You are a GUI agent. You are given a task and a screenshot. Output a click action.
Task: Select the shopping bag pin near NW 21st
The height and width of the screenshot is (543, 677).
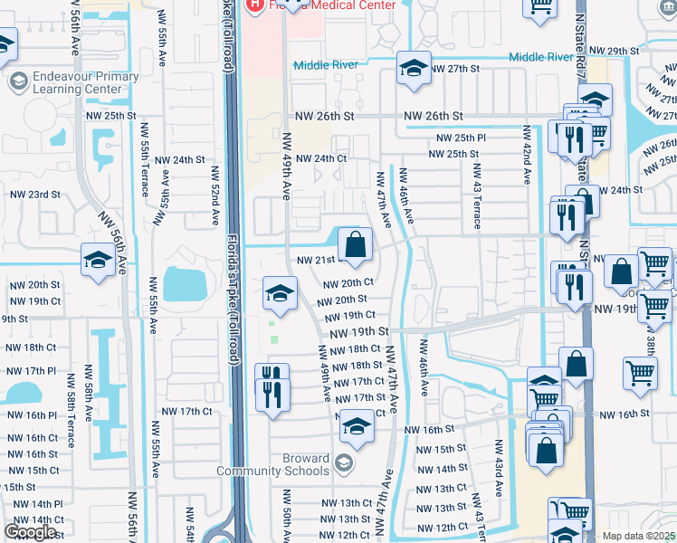pyautogui.click(x=356, y=243)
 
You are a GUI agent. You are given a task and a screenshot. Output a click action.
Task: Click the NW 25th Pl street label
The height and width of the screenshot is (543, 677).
pyautogui.click(x=462, y=138)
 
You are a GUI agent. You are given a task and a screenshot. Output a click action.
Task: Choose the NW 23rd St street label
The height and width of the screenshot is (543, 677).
pyautogui.click(x=34, y=195)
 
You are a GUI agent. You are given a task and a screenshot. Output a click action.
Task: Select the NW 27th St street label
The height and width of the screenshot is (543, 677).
pyautogui.click(x=454, y=69)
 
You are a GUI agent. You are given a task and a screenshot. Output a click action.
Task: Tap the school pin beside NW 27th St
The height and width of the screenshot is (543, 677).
pyautogui.click(x=414, y=69)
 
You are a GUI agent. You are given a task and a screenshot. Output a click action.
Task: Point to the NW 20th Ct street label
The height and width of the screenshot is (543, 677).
pyautogui.click(x=349, y=282)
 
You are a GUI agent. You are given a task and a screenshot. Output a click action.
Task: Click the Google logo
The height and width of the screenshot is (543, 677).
pyautogui.click(x=30, y=532)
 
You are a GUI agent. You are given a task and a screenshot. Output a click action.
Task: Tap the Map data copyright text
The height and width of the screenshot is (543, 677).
pyautogui.click(x=637, y=536)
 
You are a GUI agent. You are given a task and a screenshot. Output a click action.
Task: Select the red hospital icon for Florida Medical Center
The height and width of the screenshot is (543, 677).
pyautogui.click(x=255, y=5)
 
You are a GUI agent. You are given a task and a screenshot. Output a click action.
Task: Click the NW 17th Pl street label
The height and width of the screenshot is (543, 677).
pyautogui.click(x=33, y=372)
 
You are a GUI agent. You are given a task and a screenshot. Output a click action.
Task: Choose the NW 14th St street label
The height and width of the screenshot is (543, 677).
pyautogui.click(x=439, y=470)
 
